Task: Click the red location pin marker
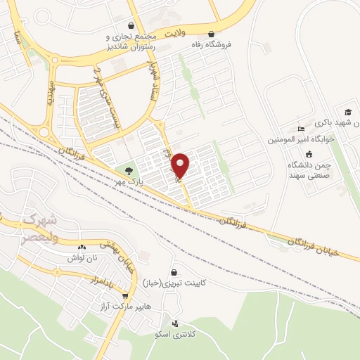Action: click(x=181, y=165)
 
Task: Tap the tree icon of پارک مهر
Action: click(x=128, y=169)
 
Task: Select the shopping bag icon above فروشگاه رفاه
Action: click(x=211, y=32)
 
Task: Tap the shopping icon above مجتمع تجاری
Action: click(x=132, y=24)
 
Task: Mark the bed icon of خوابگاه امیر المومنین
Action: click(x=301, y=129)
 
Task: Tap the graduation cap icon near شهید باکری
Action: click(x=347, y=112)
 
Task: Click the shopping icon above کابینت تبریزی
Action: click(x=174, y=272)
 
